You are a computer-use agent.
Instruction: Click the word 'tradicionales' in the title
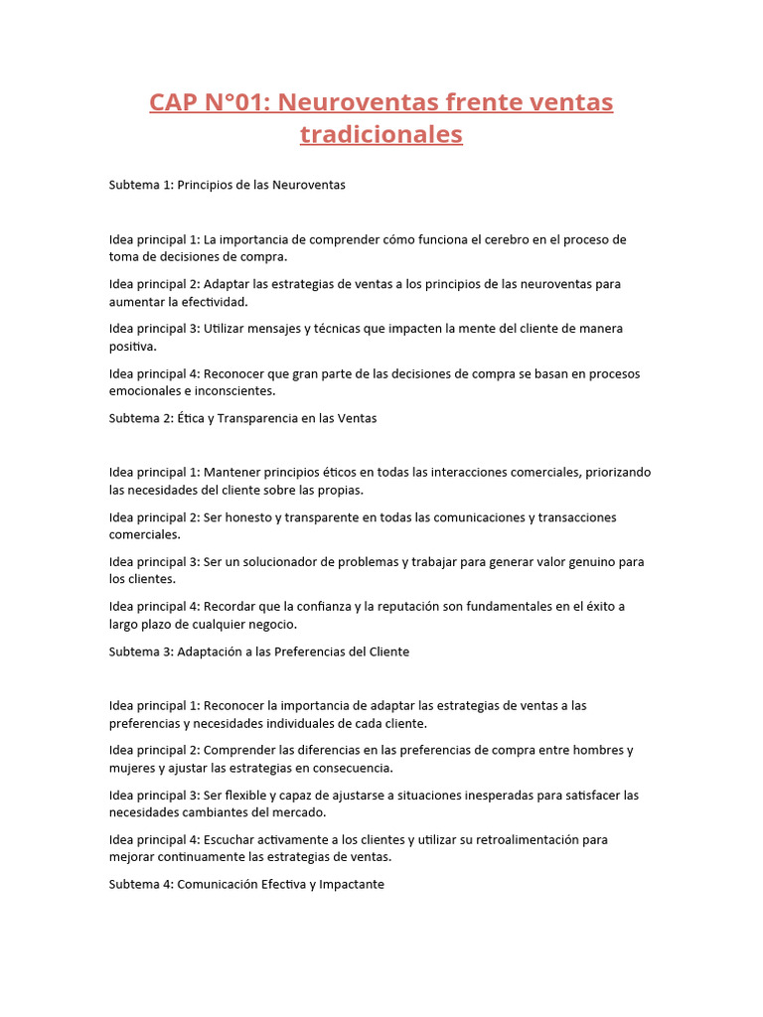pyautogui.click(x=381, y=134)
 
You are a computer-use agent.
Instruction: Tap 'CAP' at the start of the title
pyautogui.click(x=175, y=102)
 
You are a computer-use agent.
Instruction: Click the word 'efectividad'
pyautogui.click(x=215, y=302)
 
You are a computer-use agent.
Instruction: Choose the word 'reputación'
pyautogui.click(x=400, y=607)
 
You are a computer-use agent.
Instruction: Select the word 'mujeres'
pyautogui.click(x=132, y=768)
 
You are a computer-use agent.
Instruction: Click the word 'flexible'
pyautogui.click(x=248, y=795)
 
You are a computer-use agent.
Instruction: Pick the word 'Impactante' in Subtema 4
pyautogui.click(x=352, y=884)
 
